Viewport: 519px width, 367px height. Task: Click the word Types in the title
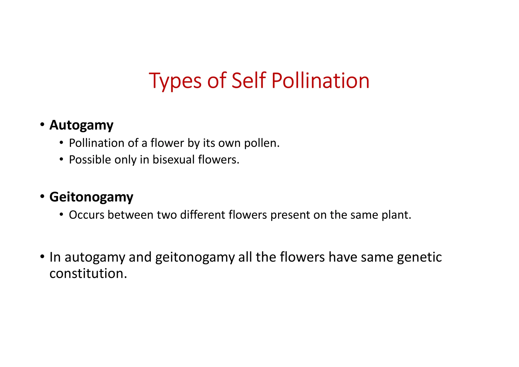(175, 81)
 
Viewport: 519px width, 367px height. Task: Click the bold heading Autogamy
(81, 125)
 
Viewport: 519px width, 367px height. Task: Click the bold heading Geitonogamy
(91, 197)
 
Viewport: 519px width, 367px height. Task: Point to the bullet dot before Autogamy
(42, 125)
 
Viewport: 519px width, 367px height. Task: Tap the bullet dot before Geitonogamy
(42, 197)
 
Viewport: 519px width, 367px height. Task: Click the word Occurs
(87, 215)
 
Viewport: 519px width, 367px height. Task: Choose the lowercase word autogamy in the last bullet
(95, 257)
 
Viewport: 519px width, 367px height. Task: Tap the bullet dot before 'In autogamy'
(42, 256)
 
